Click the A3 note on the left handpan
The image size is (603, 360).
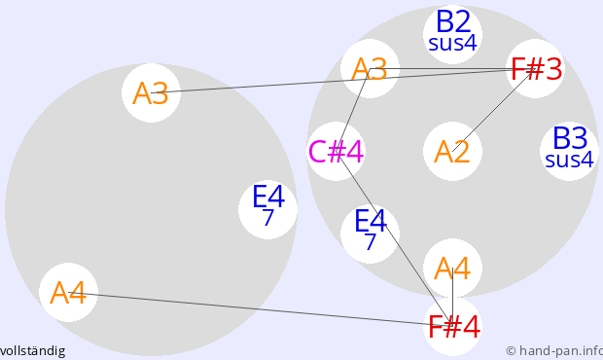tap(151, 93)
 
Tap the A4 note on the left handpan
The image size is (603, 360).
tap(68, 293)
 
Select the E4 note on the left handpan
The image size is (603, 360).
tap(268, 209)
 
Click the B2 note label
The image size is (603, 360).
tap(453, 22)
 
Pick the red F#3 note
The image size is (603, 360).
tap(536, 69)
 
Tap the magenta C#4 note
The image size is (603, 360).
tap(337, 152)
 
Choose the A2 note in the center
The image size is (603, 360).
tap(452, 152)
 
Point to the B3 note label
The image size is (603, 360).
tap(570, 138)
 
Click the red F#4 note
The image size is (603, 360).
tap(453, 327)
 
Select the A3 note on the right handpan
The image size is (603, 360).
tap(370, 69)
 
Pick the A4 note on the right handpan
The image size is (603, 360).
tap(452, 269)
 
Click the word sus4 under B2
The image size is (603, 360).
tap(452, 43)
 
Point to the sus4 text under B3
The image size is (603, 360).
tap(570, 160)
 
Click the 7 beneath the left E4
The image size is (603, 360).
tap(268, 217)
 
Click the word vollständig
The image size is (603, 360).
tap(33, 351)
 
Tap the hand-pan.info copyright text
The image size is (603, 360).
tap(554, 351)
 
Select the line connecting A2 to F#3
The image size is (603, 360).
tap(494, 110)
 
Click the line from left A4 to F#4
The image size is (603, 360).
tap(261, 309)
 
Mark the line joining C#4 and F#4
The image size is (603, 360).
tap(395, 239)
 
